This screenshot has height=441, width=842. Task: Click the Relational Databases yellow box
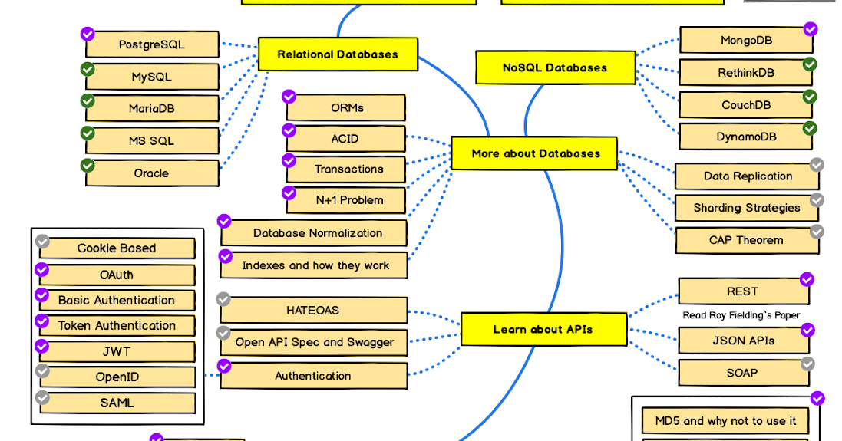click(x=338, y=54)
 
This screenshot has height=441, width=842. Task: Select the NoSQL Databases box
click(x=555, y=67)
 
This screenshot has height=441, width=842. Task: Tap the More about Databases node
click(x=535, y=153)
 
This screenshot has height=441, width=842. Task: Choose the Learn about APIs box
click(x=543, y=330)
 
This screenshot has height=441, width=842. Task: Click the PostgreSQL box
click(x=152, y=44)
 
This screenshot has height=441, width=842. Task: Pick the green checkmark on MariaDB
click(x=88, y=100)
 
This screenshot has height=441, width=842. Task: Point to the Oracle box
click(x=152, y=173)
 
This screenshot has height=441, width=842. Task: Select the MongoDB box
click(x=745, y=41)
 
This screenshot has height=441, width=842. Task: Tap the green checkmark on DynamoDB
click(x=810, y=128)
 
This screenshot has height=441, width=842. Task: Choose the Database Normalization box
click(x=317, y=233)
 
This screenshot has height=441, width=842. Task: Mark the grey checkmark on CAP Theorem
click(x=817, y=231)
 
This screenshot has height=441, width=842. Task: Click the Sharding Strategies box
click(x=746, y=208)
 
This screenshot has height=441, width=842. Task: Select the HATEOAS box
click(x=312, y=311)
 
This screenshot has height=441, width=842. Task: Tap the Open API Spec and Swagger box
click(x=314, y=343)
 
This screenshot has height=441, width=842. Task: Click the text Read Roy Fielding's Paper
click(x=741, y=315)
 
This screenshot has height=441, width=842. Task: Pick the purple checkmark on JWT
click(x=42, y=346)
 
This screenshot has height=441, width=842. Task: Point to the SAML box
click(x=117, y=403)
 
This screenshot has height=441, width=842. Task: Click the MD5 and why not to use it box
click(x=725, y=421)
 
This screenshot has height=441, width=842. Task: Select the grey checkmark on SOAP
click(x=807, y=364)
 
